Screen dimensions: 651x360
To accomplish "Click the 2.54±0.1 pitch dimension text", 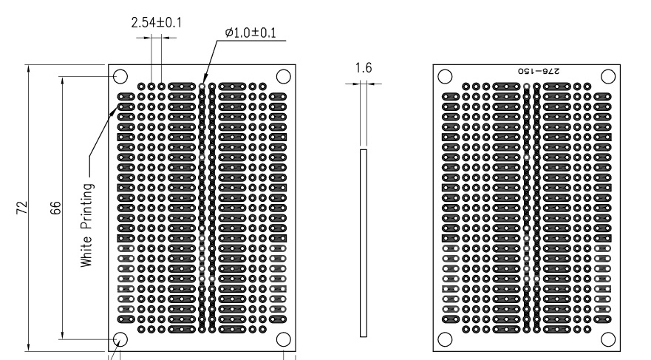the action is (x=157, y=22).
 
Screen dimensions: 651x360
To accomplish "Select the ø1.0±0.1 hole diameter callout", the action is (x=250, y=33).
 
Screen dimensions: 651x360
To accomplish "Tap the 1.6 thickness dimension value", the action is (x=364, y=68).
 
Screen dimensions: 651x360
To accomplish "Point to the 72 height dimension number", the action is (x=22, y=208).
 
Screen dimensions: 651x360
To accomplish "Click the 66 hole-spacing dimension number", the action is (x=55, y=208).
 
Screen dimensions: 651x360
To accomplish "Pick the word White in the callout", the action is (x=86, y=251).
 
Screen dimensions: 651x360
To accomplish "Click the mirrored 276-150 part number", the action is (x=539, y=71).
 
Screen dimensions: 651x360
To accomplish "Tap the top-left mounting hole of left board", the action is (x=120, y=77).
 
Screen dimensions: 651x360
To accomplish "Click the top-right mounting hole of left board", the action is (x=283, y=77).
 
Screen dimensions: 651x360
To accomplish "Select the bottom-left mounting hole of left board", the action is (x=120, y=339).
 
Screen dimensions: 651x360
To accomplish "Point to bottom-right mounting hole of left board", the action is (x=283, y=339).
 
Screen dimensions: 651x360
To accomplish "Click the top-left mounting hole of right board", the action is (x=445, y=77).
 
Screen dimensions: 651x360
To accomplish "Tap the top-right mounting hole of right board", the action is (x=608, y=77).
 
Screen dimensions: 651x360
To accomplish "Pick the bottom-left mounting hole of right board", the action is (x=445, y=339).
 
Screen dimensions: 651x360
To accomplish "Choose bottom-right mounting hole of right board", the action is (x=608, y=339).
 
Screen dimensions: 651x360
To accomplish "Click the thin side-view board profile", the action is (x=364, y=243).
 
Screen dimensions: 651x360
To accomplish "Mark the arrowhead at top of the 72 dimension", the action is (x=28, y=69).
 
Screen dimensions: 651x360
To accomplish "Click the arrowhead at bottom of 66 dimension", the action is (x=62, y=334).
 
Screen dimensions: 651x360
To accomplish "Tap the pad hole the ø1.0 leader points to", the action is (x=202, y=86).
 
